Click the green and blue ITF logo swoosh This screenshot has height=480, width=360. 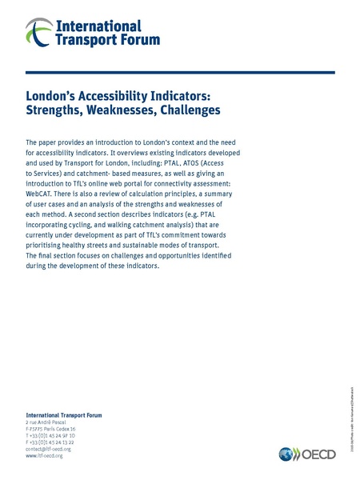pyautogui.click(x=37, y=32)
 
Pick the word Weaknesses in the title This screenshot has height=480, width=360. pyautogui.click(x=125, y=110)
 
